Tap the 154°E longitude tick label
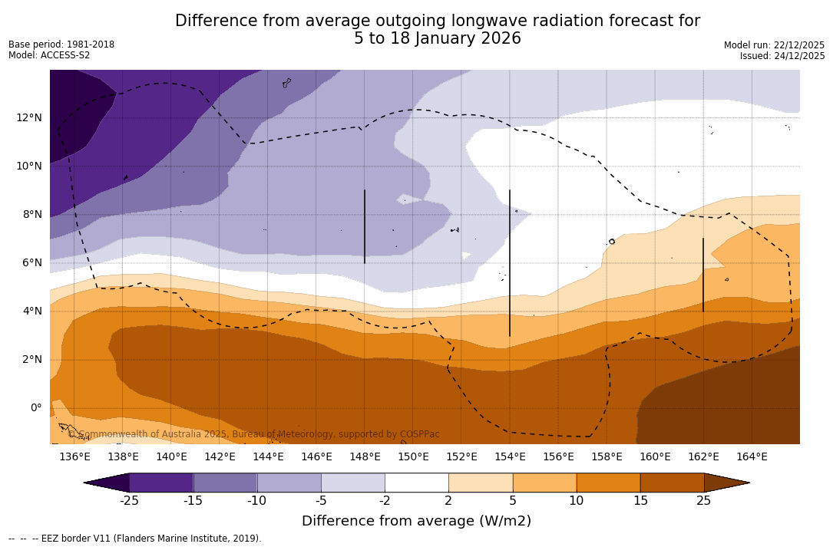510,456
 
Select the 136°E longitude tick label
74,456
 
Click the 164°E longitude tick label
752,456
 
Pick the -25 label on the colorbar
129,501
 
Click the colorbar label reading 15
640,501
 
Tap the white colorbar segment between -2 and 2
416,483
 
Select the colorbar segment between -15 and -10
225,483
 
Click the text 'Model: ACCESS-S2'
49,55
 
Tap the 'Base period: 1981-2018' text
61,44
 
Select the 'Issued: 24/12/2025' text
782,56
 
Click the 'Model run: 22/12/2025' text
774,45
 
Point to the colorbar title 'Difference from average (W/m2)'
416,521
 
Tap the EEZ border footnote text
135,539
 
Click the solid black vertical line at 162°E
702,275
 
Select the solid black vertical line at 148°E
364,226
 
